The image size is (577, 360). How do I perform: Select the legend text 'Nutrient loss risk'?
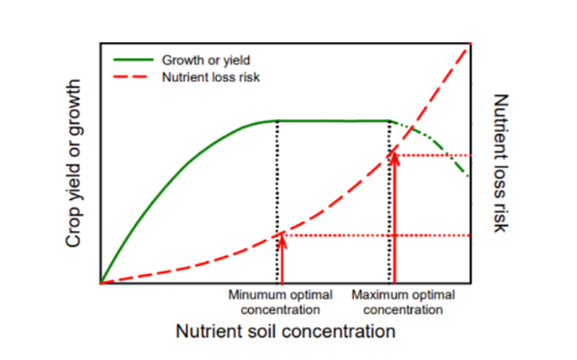tap(210, 77)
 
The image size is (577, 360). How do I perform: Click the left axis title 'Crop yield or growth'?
tap(74, 164)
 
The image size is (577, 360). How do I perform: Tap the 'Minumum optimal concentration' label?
tap(281, 303)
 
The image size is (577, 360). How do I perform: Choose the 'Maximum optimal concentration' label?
tap(403, 303)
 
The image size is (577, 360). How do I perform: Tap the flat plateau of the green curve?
tap(332, 120)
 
